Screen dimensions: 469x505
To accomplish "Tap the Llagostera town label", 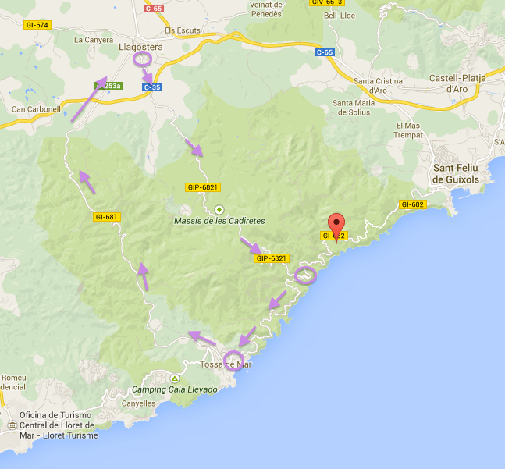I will [x=140, y=48].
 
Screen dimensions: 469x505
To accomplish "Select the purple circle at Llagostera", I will [x=142, y=59].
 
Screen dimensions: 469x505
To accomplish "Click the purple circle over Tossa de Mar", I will [x=234, y=361].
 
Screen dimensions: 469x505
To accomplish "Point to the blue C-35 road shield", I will [x=152, y=87].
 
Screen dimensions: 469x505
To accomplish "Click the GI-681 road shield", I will [x=105, y=217].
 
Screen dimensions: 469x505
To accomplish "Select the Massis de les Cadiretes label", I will [x=219, y=221].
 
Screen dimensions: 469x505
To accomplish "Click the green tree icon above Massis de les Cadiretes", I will [x=219, y=209].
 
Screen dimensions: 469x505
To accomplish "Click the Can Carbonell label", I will [x=36, y=109].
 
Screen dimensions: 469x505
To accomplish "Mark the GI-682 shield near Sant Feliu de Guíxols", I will [x=412, y=204].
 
